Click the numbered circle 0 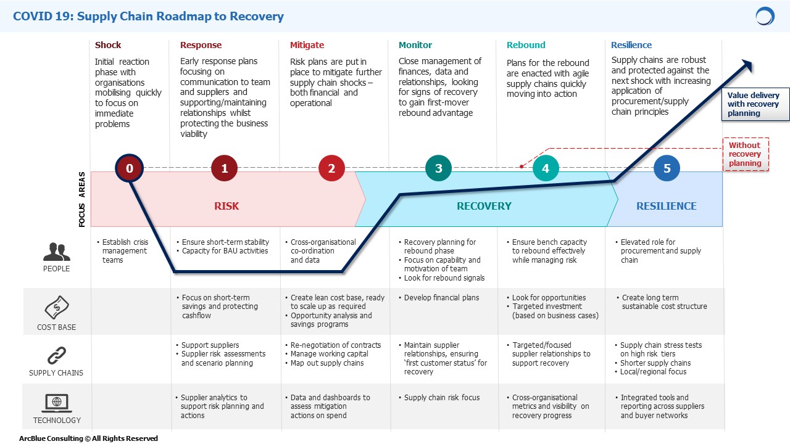coord(130,168)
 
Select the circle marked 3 coord(438,168)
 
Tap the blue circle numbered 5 coord(667,168)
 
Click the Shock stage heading coord(108,45)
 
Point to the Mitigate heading coord(307,45)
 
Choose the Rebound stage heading coord(526,45)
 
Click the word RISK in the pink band coord(227,206)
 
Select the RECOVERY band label coord(484,206)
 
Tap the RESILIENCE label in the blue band coord(666,206)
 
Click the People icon coord(56,252)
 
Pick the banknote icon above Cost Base coord(57,307)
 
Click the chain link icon coord(57,355)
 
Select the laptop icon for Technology coord(57,403)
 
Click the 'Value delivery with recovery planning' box coord(755,104)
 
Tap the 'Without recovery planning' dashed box coord(746,154)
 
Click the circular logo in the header coord(765,16)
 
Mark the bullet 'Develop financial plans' coord(439,298)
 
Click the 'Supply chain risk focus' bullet coord(439,398)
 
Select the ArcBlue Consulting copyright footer coord(88,438)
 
